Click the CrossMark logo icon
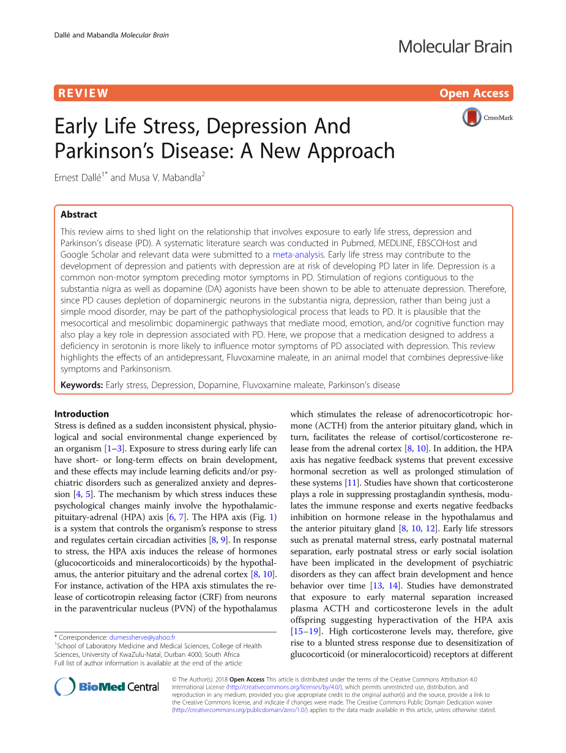click(472, 117)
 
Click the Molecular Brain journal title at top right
click(455, 46)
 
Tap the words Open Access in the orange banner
click(474, 94)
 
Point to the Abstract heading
click(78, 214)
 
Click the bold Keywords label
click(81, 385)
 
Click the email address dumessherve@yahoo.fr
click(142, 637)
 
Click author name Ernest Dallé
click(80, 178)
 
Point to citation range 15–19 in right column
click(306, 631)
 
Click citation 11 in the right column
click(351, 483)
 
